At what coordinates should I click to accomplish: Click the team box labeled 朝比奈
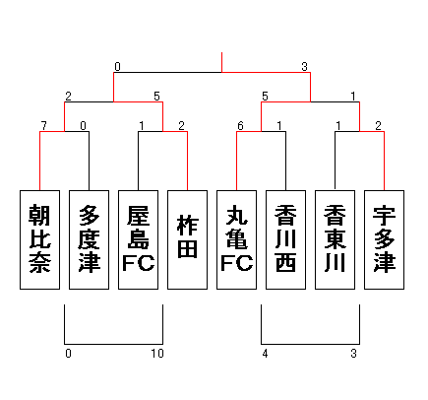click(x=39, y=239)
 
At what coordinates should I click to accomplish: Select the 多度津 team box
click(x=89, y=239)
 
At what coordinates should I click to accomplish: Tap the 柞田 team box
click(x=187, y=239)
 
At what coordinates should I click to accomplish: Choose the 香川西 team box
click(x=285, y=239)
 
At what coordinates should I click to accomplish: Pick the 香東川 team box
click(x=335, y=239)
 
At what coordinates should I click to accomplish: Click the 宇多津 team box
click(x=384, y=239)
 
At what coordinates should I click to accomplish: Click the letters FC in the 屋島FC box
click(x=138, y=263)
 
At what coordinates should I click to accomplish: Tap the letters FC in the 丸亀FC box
click(x=236, y=263)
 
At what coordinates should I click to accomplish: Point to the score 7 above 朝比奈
click(x=44, y=125)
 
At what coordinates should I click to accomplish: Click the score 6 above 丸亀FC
click(x=240, y=125)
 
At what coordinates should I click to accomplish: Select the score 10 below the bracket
click(x=157, y=354)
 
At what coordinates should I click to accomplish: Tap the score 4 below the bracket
click(x=265, y=354)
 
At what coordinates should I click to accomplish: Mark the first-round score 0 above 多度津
click(x=84, y=125)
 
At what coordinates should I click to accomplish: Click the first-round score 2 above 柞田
click(x=182, y=125)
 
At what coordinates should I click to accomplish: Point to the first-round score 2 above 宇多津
click(x=379, y=125)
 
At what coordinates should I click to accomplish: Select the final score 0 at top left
click(x=117, y=67)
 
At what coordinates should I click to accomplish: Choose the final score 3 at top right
click(x=305, y=67)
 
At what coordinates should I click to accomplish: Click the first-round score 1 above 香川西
click(x=279, y=125)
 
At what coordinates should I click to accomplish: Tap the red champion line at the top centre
click(x=221, y=62)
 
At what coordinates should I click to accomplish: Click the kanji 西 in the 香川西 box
click(x=285, y=263)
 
